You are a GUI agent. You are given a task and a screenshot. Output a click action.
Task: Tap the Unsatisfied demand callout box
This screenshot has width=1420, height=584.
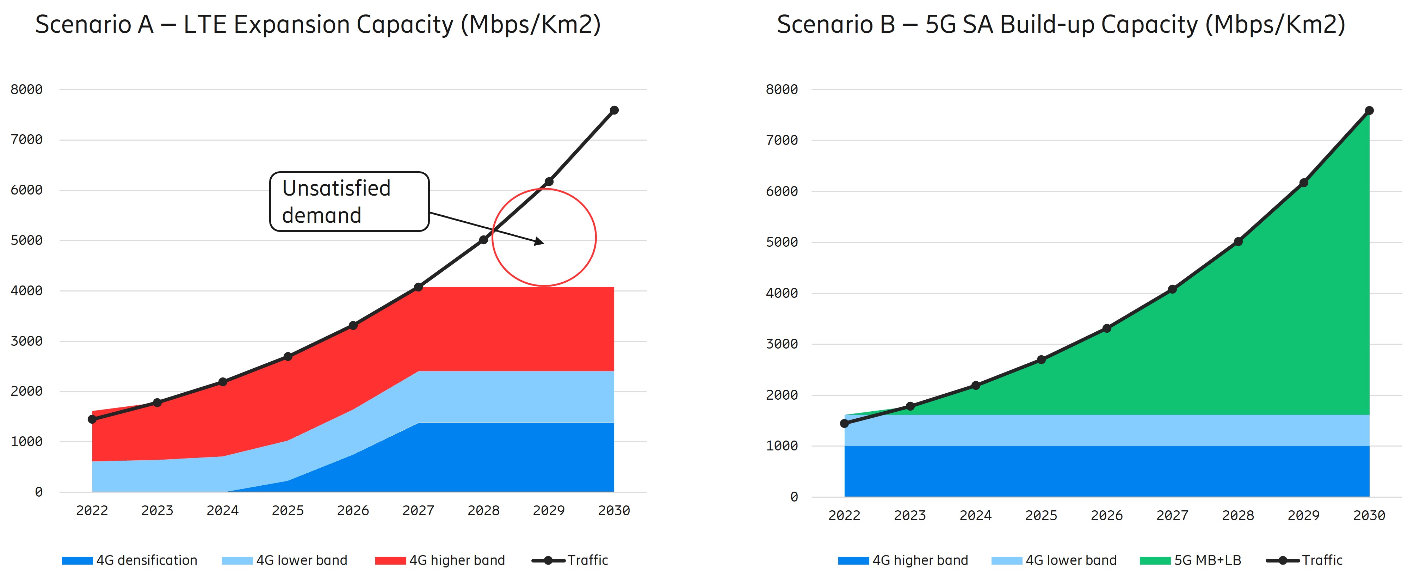(x=349, y=201)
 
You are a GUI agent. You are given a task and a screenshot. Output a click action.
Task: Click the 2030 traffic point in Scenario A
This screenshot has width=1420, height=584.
(x=614, y=110)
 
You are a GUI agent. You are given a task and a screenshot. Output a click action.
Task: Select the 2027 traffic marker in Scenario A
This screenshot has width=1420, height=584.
(x=418, y=287)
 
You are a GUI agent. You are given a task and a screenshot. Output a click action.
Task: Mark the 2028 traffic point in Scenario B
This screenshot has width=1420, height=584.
(x=1238, y=241)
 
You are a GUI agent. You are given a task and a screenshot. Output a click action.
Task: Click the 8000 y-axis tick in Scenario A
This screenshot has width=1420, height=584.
(x=26, y=89)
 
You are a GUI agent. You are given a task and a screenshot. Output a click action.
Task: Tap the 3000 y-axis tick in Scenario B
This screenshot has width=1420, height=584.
(x=782, y=344)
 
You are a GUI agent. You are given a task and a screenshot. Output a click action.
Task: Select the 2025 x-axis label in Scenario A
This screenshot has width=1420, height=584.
(x=288, y=511)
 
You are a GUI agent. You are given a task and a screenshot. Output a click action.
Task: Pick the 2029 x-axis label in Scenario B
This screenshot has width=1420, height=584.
(x=1304, y=516)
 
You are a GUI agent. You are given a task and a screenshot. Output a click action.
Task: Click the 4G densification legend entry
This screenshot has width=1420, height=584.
(x=130, y=560)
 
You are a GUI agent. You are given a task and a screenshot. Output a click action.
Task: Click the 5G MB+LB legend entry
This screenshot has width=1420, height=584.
(x=1191, y=560)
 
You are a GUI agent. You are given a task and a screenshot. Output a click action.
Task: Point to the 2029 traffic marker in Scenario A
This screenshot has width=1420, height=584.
(x=549, y=182)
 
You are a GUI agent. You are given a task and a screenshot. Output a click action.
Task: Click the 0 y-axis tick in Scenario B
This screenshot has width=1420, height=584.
(x=794, y=497)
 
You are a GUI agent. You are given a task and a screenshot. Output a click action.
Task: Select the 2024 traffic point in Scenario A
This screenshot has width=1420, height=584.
(x=223, y=382)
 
